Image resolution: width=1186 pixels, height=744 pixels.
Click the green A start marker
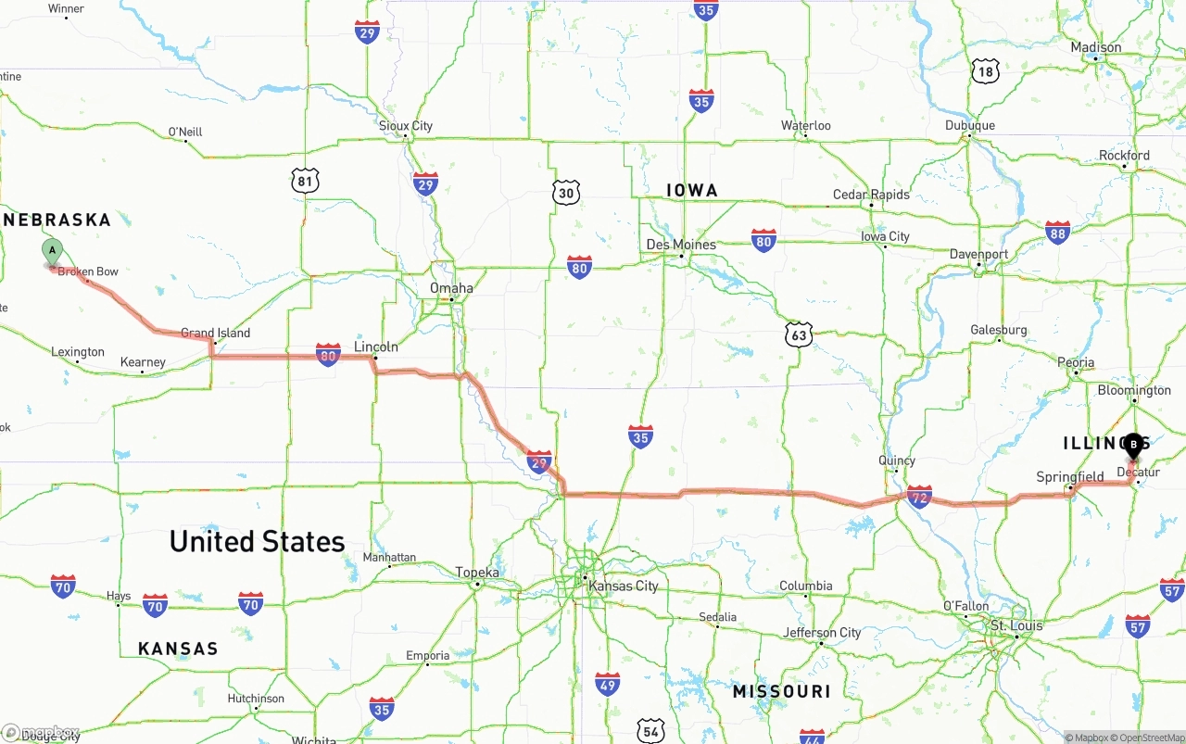click(x=53, y=250)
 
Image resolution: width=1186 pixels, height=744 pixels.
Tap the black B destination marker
click(x=1133, y=445)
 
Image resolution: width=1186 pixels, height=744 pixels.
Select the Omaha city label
click(x=451, y=288)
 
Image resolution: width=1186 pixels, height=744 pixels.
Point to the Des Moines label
click(x=681, y=245)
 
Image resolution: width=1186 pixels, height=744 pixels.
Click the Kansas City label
click(x=624, y=586)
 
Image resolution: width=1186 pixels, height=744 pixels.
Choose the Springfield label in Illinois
click(x=1070, y=477)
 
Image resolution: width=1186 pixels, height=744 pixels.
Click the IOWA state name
click(x=692, y=190)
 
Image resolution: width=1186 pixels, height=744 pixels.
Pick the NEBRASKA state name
click(x=57, y=220)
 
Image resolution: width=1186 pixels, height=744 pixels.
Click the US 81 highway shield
click(x=305, y=181)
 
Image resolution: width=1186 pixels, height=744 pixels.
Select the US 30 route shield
click(x=567, y=193)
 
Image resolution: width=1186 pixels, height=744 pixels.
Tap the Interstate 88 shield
click(x=1057, y=232)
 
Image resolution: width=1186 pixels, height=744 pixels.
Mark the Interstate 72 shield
click(x=919, y=497)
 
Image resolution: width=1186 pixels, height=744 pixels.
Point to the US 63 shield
click(x=799, y=334)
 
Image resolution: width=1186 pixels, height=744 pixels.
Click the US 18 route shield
click(x=985, y=70)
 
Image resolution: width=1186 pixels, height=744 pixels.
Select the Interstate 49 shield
click(x=607, y=685)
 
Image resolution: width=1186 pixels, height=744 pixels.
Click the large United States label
click(x=257, y=541)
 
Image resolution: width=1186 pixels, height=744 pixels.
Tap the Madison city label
click(x=1096, y=47)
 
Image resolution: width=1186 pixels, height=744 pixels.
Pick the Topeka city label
click(x=477, y=573)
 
